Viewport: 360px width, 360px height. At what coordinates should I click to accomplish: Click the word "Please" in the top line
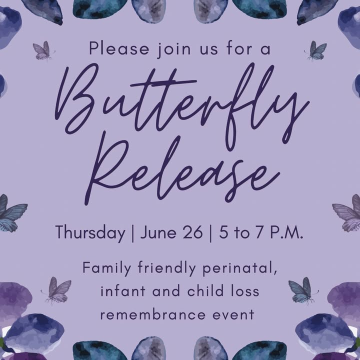(x=119, y=48)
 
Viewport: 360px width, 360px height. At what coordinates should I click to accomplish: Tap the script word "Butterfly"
(x=181, y=101)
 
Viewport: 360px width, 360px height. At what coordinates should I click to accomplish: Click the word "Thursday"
(x=90, y=232)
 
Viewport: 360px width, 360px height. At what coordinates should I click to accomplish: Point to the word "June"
(x=158, y=232)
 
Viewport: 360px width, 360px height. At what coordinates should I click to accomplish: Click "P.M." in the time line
(x=286, y=232)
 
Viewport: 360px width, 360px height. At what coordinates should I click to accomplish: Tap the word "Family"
(x=107, y=268)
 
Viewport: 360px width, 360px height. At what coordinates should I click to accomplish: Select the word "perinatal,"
(x=239, y=268)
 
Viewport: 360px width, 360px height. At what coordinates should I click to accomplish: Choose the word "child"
(x=205, y=290)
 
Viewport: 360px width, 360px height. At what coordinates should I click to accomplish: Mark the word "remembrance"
(x=152, y=314)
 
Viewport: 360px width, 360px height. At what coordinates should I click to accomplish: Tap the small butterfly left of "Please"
(x=43, y=50)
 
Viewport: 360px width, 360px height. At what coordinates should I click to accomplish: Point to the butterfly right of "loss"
(x=302, y=290)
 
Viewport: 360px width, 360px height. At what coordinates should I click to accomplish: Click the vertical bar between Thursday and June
(x=132, y=233)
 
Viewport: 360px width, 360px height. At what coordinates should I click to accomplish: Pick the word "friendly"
(x=166, y=268)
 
